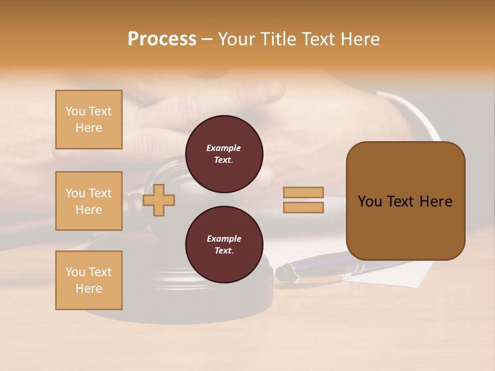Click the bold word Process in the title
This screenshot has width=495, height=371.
coord(162,39)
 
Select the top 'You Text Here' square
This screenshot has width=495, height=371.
coord(89,120)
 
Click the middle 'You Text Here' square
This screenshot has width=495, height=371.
coord(89,201)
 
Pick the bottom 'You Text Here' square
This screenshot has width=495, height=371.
coord(89,280)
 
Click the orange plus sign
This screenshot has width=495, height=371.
coord(159,200)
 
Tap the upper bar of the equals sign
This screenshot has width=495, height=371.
coord(303,192)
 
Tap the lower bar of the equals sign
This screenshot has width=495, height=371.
coord(303,208)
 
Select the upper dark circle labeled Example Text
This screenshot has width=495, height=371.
coord(224,154)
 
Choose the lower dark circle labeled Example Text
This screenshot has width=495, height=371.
coord(224,245)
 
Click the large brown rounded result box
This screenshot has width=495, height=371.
coord(405,201)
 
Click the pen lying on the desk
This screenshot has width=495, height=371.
coord(315,268)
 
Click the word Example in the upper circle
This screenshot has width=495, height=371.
coord(223,148)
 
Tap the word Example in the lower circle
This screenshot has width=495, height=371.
coord(223,239)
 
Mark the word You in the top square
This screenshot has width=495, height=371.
coord(75,111)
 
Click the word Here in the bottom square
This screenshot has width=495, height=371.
coord(89,289)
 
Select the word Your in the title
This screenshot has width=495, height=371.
coord(237,39)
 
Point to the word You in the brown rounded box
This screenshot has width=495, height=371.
coord(370,201)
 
